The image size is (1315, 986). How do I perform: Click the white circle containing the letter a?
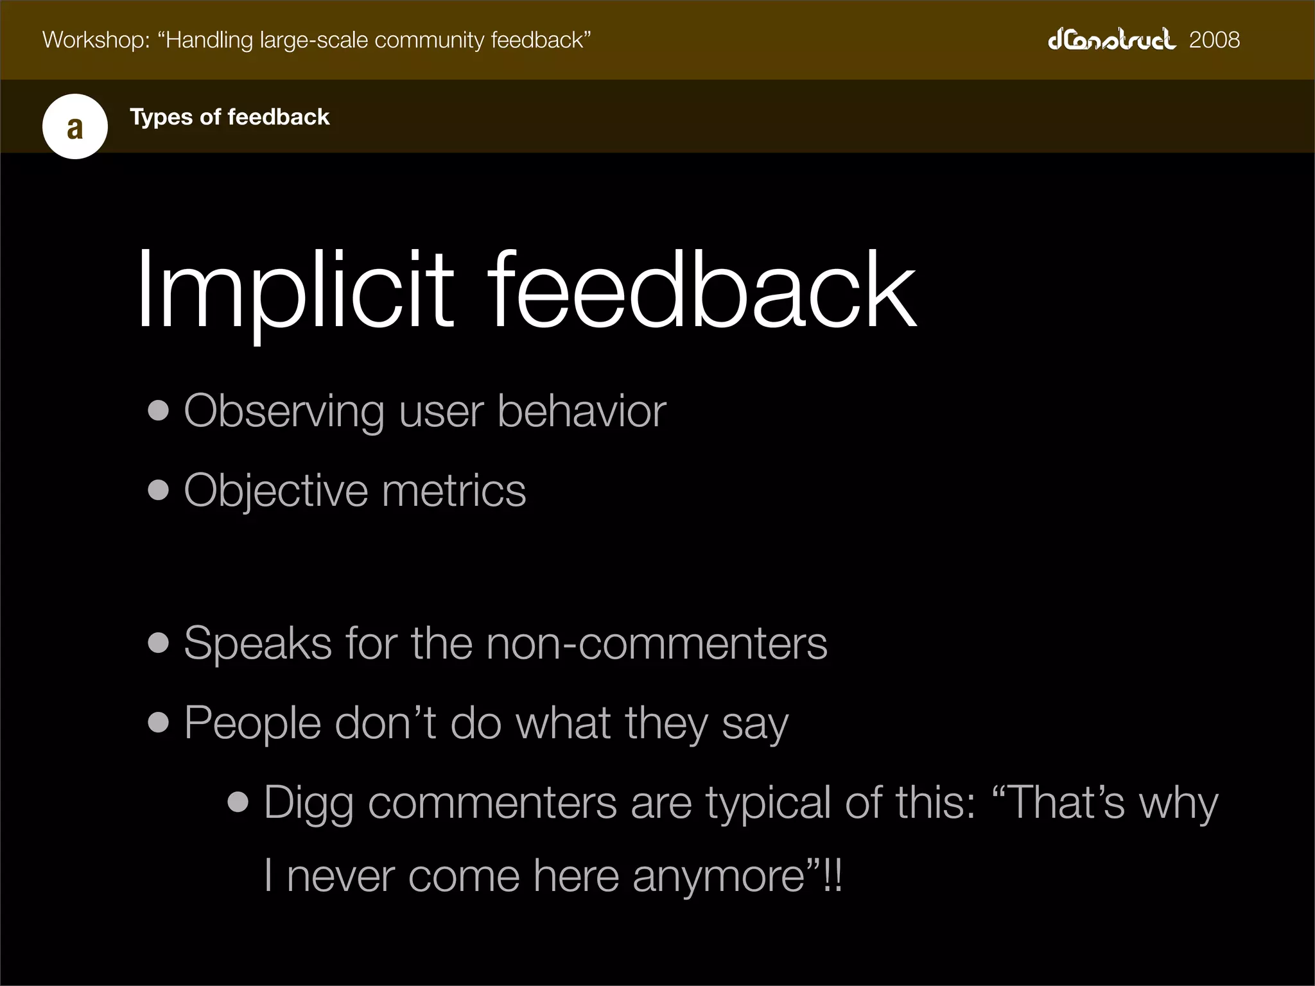75,126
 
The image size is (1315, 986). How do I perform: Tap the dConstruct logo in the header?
1111,40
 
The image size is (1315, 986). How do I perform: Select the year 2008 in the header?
1214,40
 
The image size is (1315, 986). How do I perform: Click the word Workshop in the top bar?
96,40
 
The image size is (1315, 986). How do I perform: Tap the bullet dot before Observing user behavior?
158,411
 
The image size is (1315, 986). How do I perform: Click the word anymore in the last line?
718,877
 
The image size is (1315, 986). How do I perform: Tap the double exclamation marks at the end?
832,876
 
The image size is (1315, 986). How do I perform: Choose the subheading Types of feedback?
229,117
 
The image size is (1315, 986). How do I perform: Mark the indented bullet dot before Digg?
238,802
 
